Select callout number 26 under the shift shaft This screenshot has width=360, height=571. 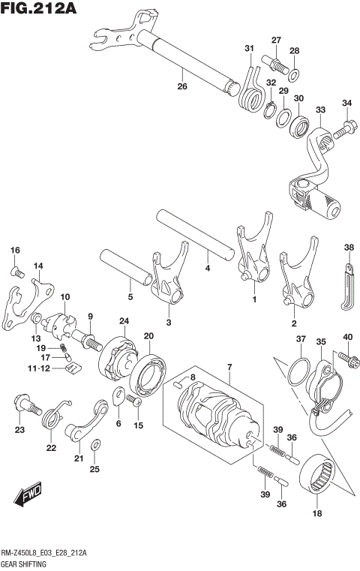(x=181, y=87)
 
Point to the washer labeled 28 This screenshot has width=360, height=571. (x=294, y=74)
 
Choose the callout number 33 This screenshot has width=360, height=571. (x=320, y=110)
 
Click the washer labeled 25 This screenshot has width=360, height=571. (x=94, y=448)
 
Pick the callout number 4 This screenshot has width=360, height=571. (x=208, y=267)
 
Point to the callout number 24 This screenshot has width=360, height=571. (x=123, y=322)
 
